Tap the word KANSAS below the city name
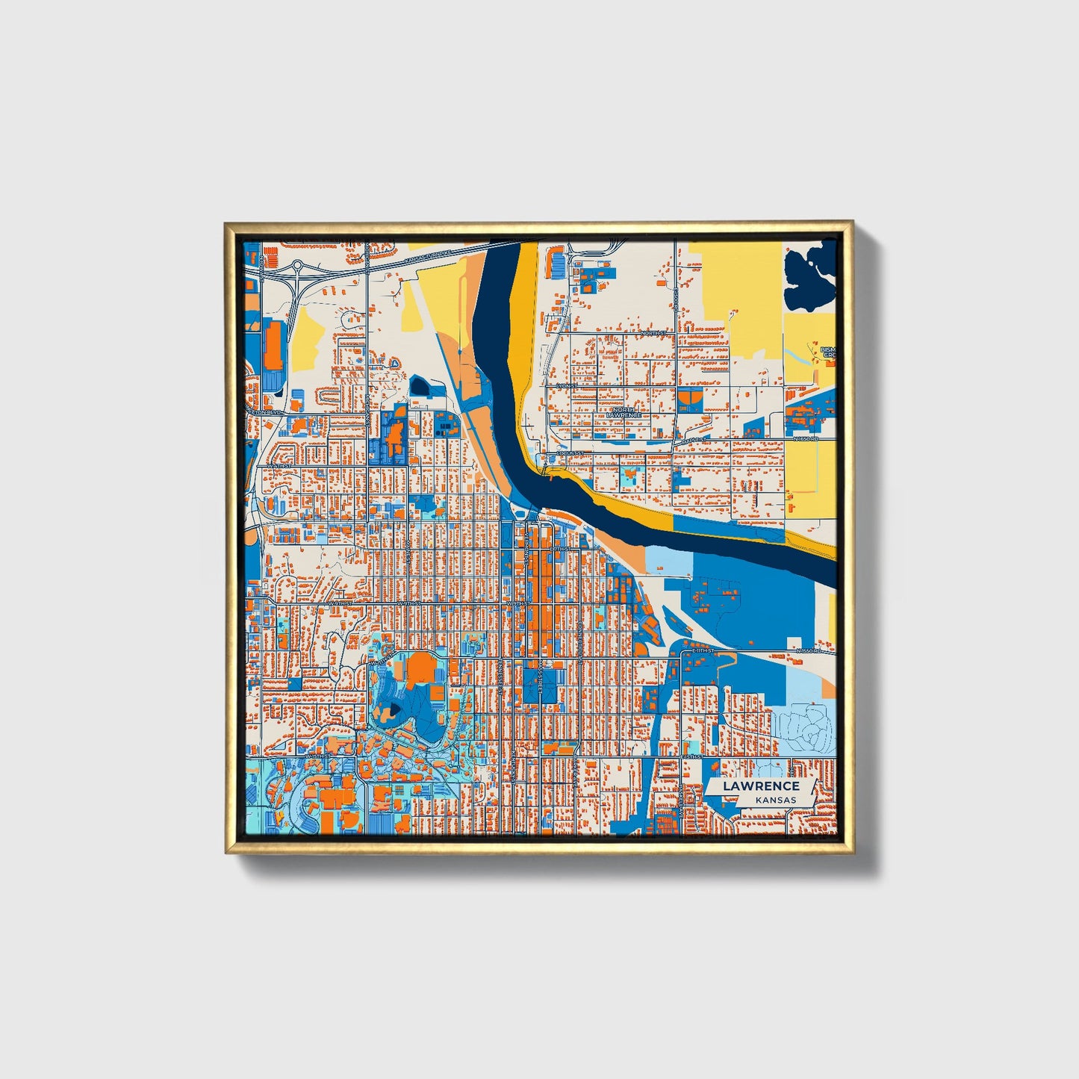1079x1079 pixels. point(775,800)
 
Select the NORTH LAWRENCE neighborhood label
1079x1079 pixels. point(624,412)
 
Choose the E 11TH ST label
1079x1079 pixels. point(703,651)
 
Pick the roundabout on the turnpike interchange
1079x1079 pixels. point(297,264)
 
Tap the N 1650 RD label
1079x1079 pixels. point(806,439)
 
